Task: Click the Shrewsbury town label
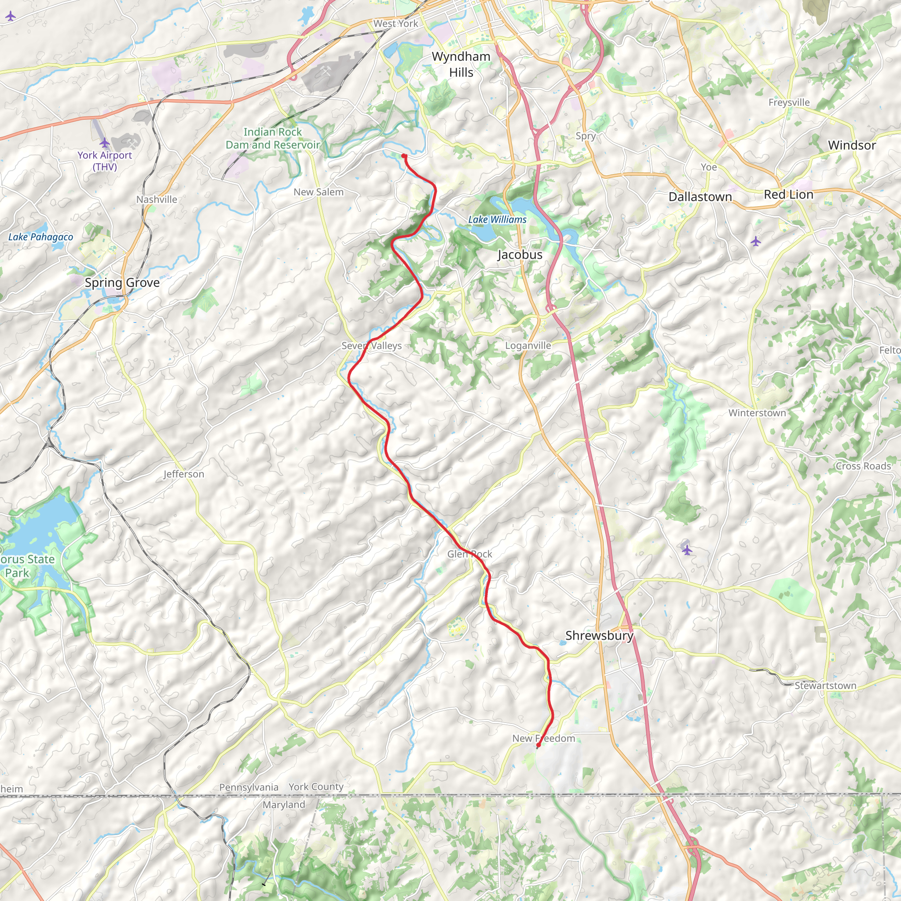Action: pos(599,636)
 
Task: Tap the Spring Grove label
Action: pos(122,282)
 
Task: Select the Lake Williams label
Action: pos(497,220)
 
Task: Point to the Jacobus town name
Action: pos(520,255)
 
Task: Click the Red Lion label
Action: pos(788,194)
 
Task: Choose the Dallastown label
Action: pos(700,197)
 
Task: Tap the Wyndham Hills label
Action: pos(461,64)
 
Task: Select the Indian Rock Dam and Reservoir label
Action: pos(273,139)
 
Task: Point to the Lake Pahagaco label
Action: pos(40,237)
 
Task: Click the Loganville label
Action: pos(528,345)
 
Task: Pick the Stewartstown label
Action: pos(825,685)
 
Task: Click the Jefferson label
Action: pos(184,474)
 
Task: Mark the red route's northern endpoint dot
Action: pos(404,156)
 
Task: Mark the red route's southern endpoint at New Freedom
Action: pos(538,746)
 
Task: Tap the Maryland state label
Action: pos(284,805)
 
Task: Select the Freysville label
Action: pos(789,102)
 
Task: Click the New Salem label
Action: pos(319,192)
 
